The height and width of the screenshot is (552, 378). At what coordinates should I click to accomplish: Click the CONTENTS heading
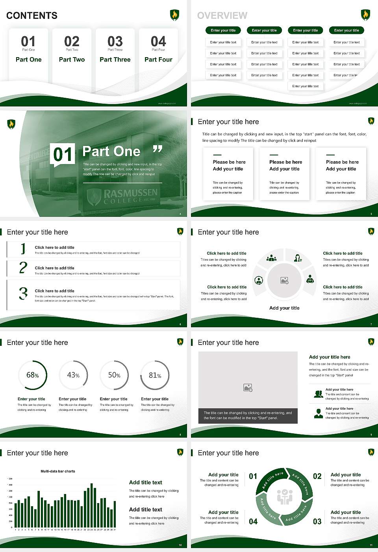(32, 16)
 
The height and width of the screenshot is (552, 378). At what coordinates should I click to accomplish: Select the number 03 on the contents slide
(115, 41)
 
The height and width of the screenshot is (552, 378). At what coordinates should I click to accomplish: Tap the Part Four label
(158, 60)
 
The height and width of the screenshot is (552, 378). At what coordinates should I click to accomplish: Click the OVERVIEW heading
(222, 16)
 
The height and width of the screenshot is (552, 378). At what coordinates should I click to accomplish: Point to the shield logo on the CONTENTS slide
(174, 15)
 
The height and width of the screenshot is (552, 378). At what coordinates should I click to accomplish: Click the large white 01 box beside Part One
(63, 154)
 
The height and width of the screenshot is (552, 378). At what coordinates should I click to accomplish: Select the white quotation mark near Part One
(157, 149)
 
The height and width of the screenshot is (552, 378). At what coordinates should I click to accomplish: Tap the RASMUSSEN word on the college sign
(130, 193)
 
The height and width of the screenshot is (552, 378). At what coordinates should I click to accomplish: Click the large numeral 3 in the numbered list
(23, 293)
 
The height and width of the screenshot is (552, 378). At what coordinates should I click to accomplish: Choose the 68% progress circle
(33, 375)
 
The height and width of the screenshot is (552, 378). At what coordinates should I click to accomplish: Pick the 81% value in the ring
(155, 375)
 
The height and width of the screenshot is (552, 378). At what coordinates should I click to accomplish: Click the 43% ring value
(73, 375)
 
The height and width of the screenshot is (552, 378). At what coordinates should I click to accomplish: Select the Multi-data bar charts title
(58, 471)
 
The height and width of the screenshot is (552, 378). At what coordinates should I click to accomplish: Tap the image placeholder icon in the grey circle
(284, 280)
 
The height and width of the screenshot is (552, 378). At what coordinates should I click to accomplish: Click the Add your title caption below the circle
(284, 308)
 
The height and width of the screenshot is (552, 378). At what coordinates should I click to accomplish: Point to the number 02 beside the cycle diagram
(317, 476)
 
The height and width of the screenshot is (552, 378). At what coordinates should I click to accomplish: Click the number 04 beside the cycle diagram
(253, 522)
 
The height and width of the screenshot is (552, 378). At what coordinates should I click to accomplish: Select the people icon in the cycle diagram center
(284, 497)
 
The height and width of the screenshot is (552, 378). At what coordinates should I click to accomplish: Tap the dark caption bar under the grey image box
(248, 416)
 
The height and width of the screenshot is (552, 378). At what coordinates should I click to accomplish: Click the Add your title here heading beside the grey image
(330, 357)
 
